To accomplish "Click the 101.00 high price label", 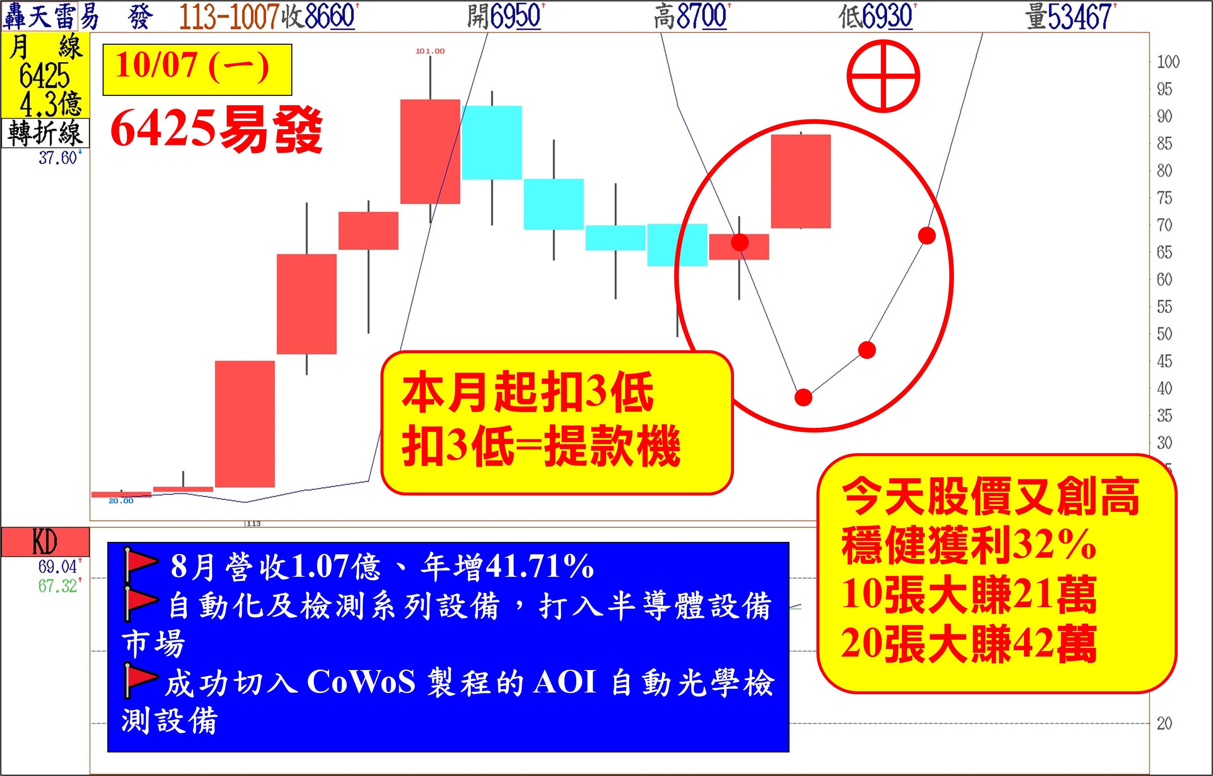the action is point(430,51).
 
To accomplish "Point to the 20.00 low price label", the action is point(121,501).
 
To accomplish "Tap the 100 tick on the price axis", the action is point(1168,62).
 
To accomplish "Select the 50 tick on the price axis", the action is point(1164,334).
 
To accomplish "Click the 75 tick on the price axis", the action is point(1164,198).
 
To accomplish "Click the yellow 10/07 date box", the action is point(197,70).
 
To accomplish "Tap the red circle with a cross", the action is point(883,77).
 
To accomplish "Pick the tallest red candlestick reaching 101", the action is point(430,151).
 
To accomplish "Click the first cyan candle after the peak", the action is point(492,143).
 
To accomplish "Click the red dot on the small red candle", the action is point(739,243).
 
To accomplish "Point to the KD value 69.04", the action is point(58,566).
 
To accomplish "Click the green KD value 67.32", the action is point(58,586).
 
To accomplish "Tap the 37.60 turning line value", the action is point(58,158).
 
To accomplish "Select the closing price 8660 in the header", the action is point(330,16).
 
